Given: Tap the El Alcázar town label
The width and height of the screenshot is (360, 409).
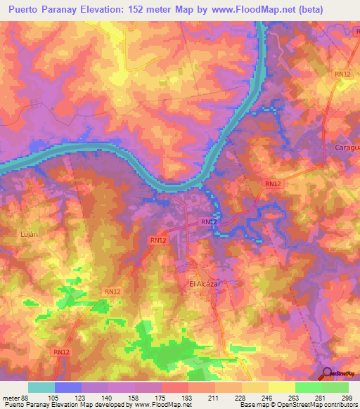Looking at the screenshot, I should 205,284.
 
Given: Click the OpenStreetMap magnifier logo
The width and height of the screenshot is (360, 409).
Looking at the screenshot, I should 326,373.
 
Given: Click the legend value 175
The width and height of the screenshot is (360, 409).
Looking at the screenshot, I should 161,398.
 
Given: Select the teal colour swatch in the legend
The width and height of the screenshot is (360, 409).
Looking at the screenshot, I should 41,387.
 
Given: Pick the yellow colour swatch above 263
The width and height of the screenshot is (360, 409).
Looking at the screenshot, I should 281,387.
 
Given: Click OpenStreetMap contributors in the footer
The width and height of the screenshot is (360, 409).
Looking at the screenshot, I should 319,405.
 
